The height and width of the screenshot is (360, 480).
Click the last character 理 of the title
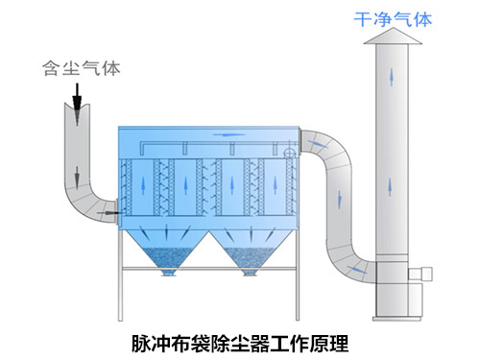339,341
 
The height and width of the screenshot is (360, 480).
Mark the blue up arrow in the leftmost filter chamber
146,183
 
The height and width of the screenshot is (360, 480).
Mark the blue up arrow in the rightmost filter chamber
277,183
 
